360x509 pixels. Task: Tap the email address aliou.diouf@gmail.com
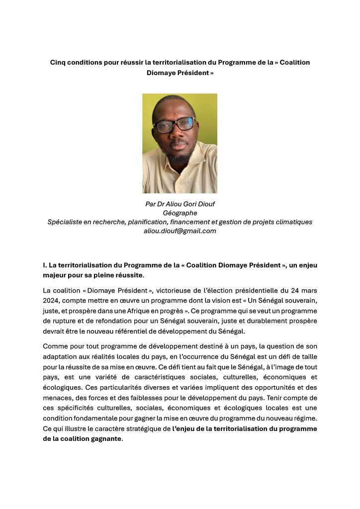click(x=180, y=231)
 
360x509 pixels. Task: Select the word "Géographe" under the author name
click(x=180, y=213)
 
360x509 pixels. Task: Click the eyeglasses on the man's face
click(x=175, y=125)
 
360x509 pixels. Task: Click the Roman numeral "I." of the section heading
click(x=45, y=265)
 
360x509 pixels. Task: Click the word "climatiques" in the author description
click(x=291, y=222)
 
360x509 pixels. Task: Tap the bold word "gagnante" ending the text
click(x=106, y=439)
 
